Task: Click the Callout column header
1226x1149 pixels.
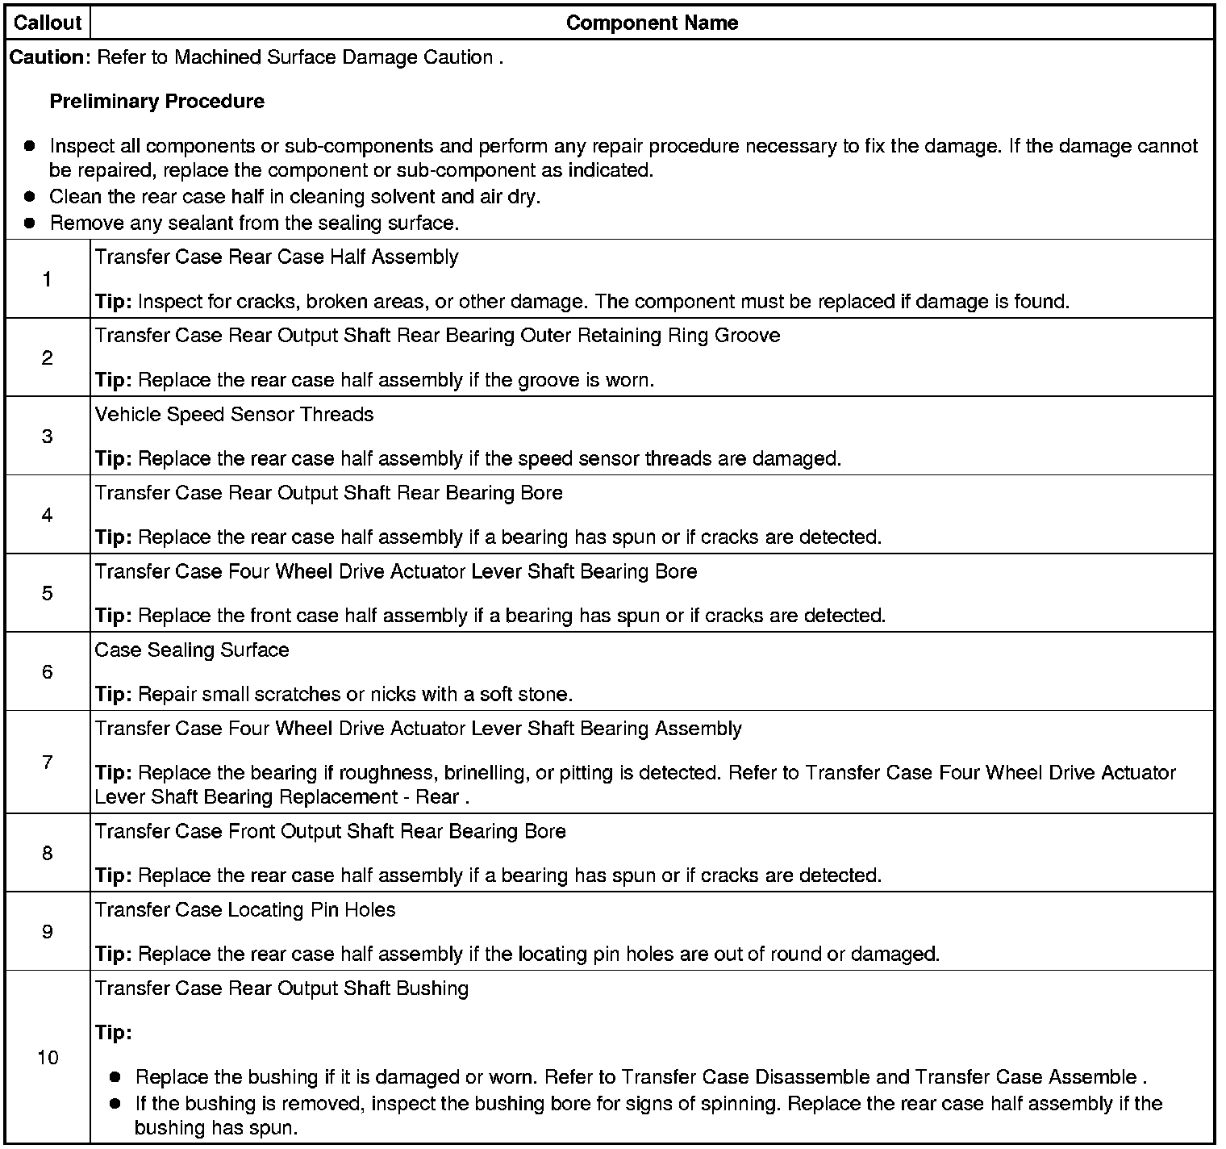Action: pyautogui.click(x=48, y=23)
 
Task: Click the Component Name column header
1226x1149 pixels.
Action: pyautogui.click(x=652, y=23)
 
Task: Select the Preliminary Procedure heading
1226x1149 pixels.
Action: pyautogui.click(x=157, y=102)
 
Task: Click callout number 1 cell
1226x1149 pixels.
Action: pyautogui.click(x=48, y=279)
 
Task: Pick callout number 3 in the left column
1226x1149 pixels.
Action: pyautogui.click(x=48, y=437)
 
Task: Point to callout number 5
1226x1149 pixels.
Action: pyautogui.click(x=48, y=593)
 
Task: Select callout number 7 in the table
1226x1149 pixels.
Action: pyautogui.click(x=48, y=762)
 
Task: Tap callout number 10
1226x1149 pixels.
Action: pyautogui.click(x=48, y=1057)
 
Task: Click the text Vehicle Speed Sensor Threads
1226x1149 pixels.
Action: pyautogui.click(x=234, y=415)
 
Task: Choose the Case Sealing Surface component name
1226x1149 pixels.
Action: pyautogui.click(x=192, y=650)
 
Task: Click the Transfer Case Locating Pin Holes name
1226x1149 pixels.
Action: pyautogui.click(x=245, y=910)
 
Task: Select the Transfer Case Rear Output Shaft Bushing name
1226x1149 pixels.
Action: pyautogui.click(x=281, y=988)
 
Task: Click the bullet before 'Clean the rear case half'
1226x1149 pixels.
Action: pyautogui.click(x=30, y=197)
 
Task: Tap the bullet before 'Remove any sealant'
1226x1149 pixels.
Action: pyautogui.click(x=30, y=224)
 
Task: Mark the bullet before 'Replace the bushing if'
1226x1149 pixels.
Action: pyautogui.click(x=115, y=1077)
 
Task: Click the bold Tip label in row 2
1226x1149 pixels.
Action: pyautogui.click(x=113, y=380)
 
